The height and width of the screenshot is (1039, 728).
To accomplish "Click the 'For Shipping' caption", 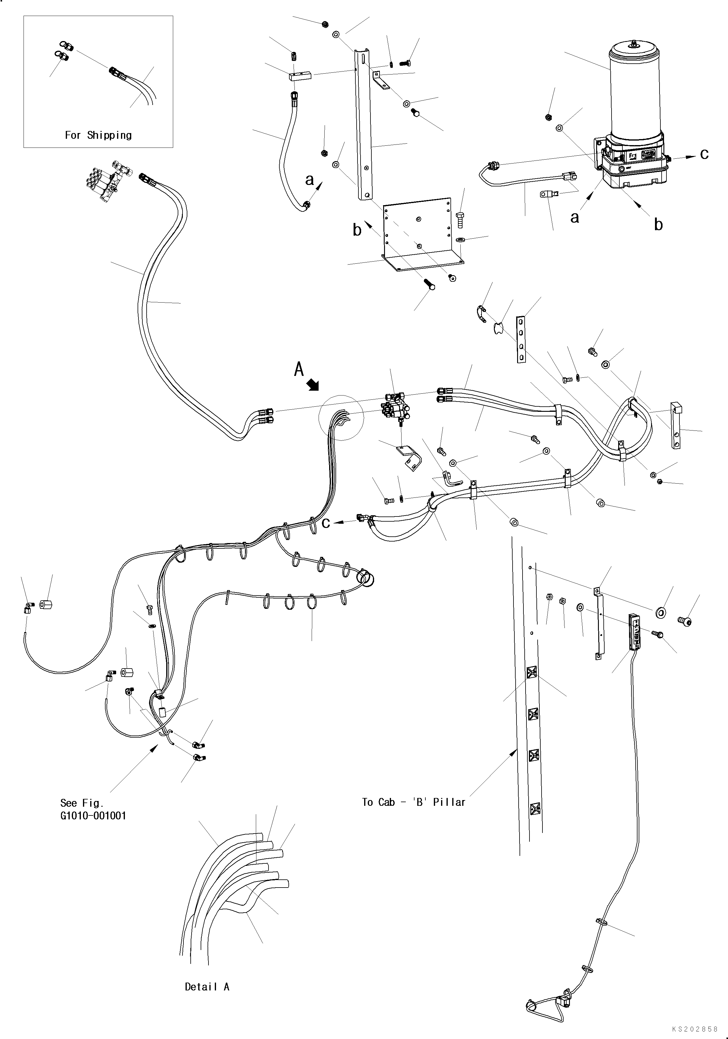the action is [98, 135].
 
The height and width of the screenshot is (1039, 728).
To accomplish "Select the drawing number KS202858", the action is [695, 1029].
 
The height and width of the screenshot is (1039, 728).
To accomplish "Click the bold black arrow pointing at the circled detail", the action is [313, 385].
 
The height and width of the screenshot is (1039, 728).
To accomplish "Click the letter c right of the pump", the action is [704, 154].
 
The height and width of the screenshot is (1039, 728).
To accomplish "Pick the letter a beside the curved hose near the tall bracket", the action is [310, 180].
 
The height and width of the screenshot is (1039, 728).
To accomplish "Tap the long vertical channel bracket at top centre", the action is [364, 124].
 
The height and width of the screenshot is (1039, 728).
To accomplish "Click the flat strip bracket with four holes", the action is [521, 339].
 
